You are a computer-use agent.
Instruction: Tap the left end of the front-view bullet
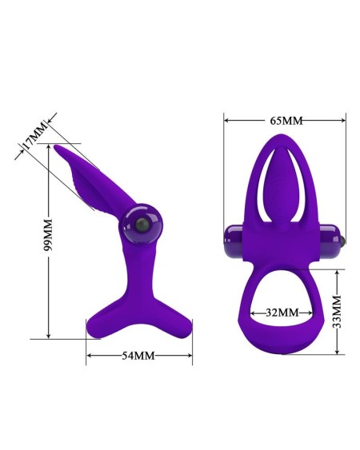pyautogui.click(x=230, y=237)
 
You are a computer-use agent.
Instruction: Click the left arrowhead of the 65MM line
pyautogui.click(x=227, y=121)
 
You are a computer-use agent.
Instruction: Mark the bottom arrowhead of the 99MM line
pyautogui.click(x=48, y=335)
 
